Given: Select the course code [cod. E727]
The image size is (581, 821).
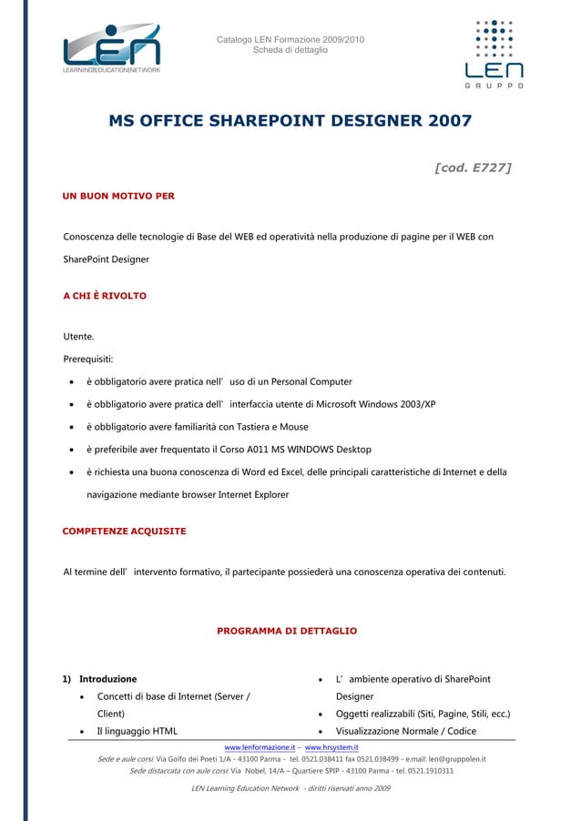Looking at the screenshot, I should (473, 167).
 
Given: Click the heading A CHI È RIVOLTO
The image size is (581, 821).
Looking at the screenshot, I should (104, 297).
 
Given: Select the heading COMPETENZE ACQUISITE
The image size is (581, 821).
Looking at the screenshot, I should (124, 531).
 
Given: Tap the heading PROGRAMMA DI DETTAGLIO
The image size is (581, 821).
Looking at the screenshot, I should (287, 631).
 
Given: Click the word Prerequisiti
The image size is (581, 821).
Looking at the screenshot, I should (87, 359).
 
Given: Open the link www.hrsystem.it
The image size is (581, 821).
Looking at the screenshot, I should (331, 747).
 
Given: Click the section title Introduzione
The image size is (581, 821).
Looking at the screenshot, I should (108, 679).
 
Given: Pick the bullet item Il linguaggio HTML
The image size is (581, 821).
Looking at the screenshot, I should (138, 731).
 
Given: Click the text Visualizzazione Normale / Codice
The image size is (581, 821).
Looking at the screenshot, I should (406, 731).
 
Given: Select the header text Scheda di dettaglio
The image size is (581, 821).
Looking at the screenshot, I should (290, 50).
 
